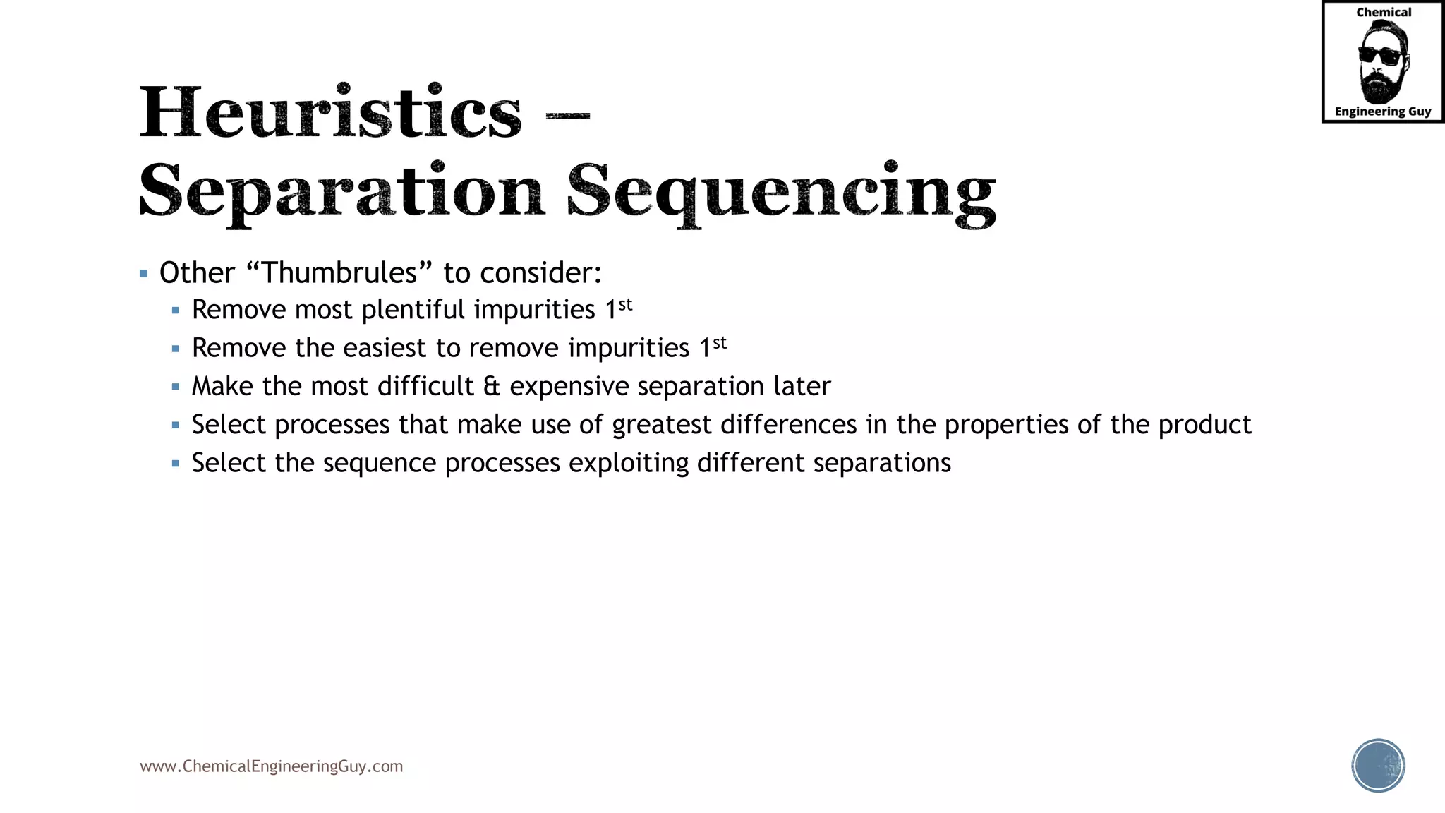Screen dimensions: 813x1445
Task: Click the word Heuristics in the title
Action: point(330,113)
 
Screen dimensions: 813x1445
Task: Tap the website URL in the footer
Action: point(271,766)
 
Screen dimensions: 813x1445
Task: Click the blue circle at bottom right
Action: point(1378,766)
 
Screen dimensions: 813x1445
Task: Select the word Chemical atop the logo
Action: point(1384,12)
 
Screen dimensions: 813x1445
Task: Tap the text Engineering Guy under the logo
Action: point(1383,112)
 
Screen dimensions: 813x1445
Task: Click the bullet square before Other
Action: point(144,274)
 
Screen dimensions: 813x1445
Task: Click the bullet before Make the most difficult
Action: point(176,387)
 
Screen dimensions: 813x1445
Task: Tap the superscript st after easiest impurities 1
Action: point(719,343)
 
